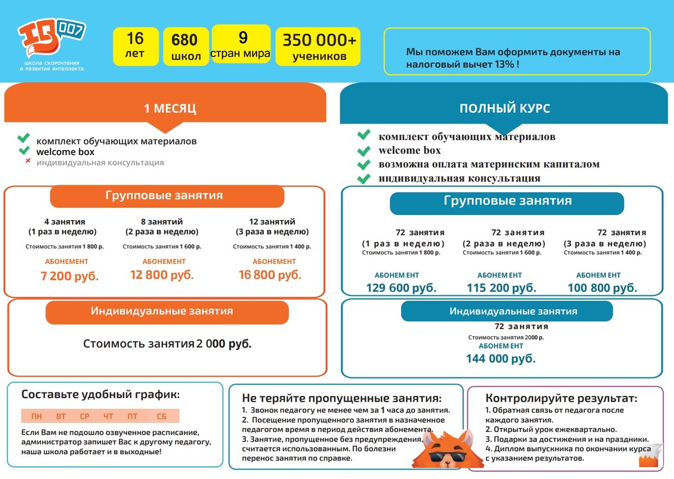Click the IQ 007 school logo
pyautogui.click(x=51, y=39)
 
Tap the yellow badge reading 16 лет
pyautogui.click(x=135, y=45)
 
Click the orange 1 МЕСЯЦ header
pyautogui.click(x=170, y=108)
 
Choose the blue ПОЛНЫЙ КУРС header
pyautogui.click(x=504, y=108)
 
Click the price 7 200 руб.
pyautogui.click(x=70, y=276)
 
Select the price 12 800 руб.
pyautogui.click(x=162, y=275)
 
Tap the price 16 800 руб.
pyautogui.click(x=270, y=275)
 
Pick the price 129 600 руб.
pyautogui.click(x=401, y=288)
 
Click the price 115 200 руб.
pyautogui.click(x=501, y=288)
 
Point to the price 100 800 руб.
pyautogui.click(x=602, y=288)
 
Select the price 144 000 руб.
pyautogui.click(x=500, y=358)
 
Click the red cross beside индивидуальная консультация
pyautogui.click(x=27, y=162)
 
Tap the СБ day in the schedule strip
pyautogui.click(x=162, y=416)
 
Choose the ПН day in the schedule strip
pyautogui.click(x=37, y=416)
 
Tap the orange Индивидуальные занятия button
pyautogui.click(x=167, y=311)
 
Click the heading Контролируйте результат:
pyautogui.click(x=561, y=399)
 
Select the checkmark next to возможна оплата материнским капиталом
pyautogui.click(x=364, y=165)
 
